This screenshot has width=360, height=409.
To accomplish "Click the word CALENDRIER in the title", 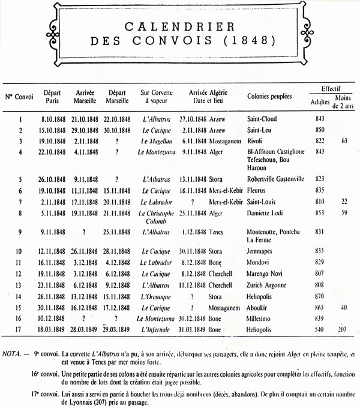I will pos(179,26).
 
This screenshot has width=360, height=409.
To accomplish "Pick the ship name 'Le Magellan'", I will pos(156,140).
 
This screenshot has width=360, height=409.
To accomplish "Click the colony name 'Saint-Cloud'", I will pos(262,119).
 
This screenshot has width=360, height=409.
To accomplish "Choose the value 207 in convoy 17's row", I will pos(342,330).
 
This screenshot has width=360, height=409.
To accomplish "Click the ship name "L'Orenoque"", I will pos(156,296).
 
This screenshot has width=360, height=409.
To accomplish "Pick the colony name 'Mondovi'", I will pos(259,262).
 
